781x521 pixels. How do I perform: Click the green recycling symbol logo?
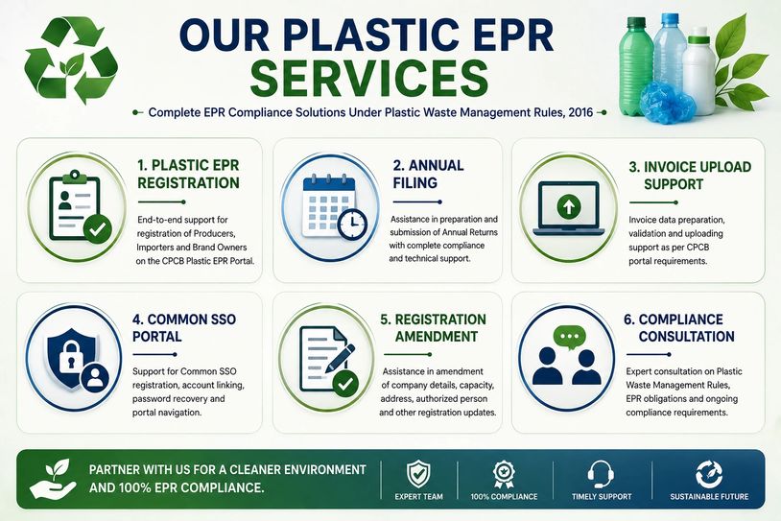pos(71,59)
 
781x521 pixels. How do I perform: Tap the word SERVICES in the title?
pos(369,77)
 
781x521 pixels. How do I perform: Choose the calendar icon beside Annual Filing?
pos(334,206)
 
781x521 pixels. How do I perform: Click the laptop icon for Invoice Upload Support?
pos(568,208)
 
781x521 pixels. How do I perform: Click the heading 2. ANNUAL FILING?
pos(428,174)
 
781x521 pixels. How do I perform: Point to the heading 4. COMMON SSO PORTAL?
pos(184,327)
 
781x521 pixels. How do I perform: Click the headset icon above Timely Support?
pos(601,474)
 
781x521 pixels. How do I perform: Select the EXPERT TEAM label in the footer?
pos(418,497)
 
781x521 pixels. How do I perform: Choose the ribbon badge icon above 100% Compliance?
pos(504,474)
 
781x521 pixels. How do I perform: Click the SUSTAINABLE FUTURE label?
pos(709,497)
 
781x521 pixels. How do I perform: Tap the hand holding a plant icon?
pos(54,479)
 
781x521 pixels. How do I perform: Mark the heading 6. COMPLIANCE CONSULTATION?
pos(679,328)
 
